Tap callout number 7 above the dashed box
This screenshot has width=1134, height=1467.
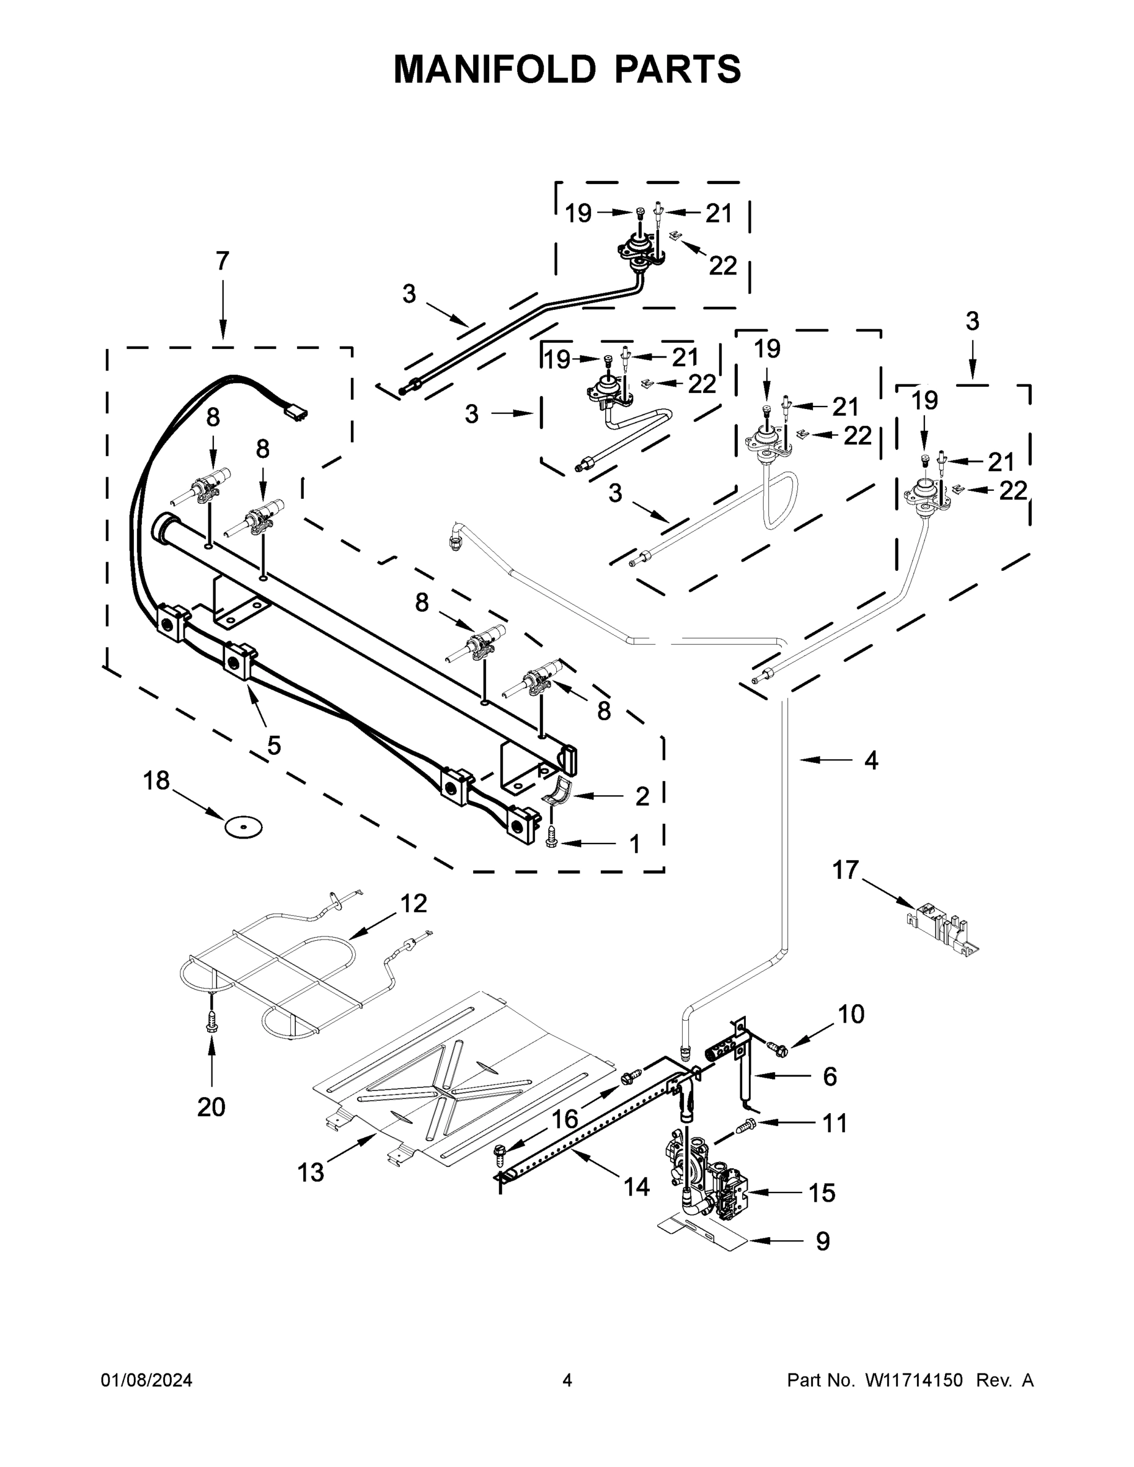click(x=223, y=261)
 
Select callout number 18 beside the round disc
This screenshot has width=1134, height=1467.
click(x=156, y=781)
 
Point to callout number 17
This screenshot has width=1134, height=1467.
click(x=846, y=870)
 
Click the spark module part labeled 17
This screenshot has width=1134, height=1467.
click(x=943, y=926)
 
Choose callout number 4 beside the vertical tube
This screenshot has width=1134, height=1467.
click(x=871, y=761)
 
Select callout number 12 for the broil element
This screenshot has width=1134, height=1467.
click(x=414, y=904)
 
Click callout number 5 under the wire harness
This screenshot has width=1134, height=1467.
click(x=274, y=745)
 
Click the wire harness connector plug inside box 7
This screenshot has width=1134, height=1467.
click(x=296, y=410)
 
